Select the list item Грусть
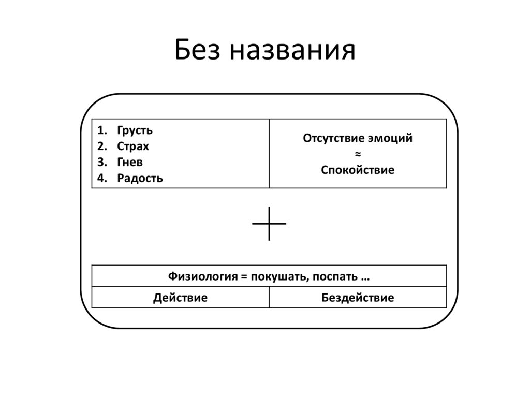pyautogui.click(x=135, y=130)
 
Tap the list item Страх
pyautogui.click(x=133, y=146)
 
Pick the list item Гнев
pyautogui.click(x=130, y=162)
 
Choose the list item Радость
pyautogui.click(x=140, y=179)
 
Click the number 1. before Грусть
pyautogui.click(x=100, y=130)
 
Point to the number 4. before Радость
pyautogui.click(x=100, y=179)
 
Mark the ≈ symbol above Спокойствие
pyautogui.click(x=357, y=154)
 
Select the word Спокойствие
pyautogui.click(x=357, y=170)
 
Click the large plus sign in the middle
pyautogui.click(x=269, y=224)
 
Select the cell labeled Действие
pyautogui.click(x=180, y=298)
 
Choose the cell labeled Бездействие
pyautogui.click(x=357, y=298)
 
